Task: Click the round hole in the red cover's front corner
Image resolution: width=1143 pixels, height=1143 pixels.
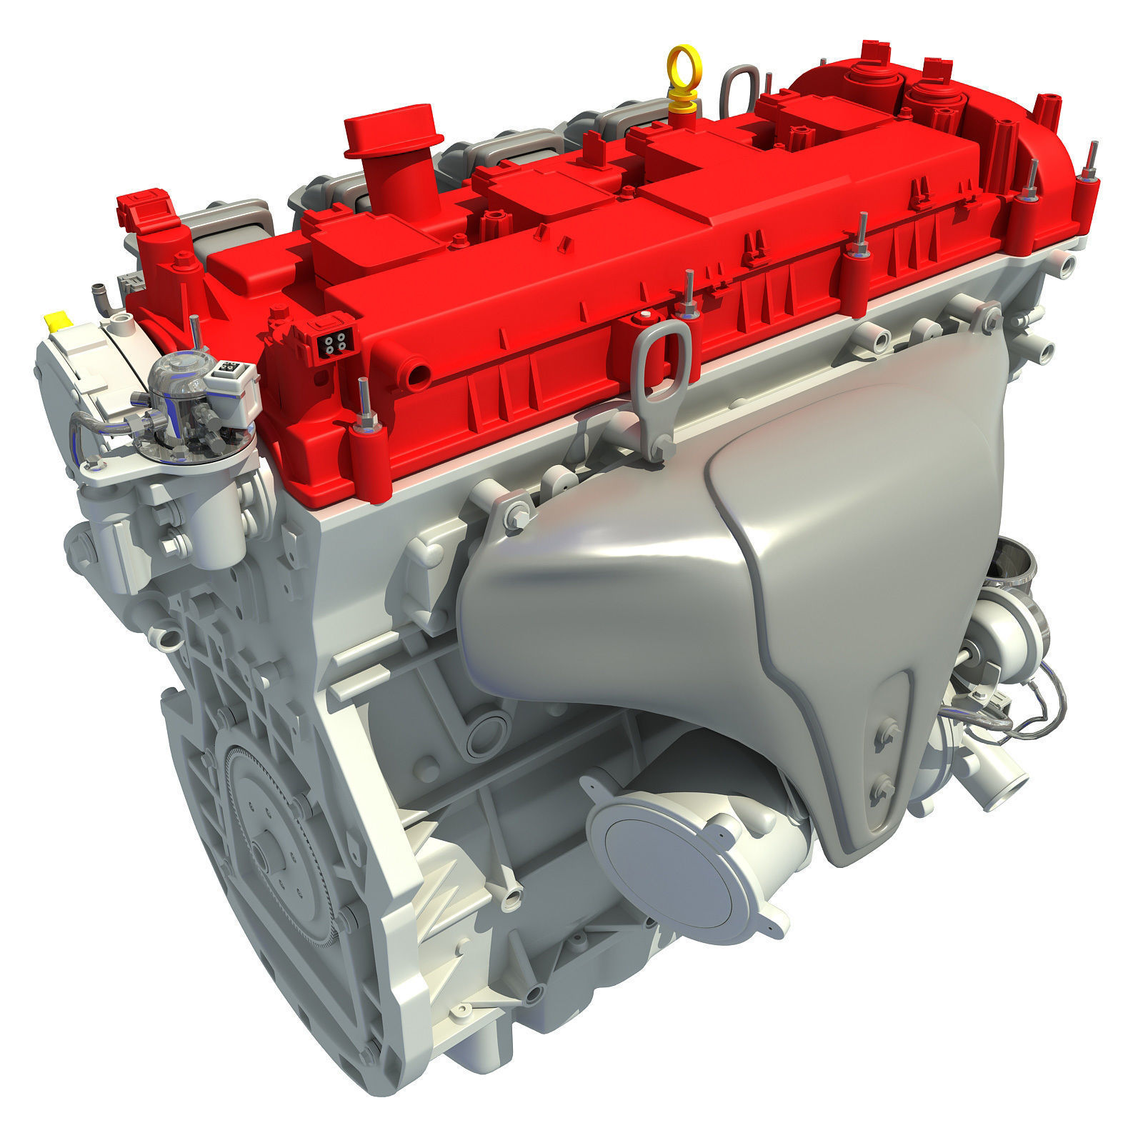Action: coord(417,372)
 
